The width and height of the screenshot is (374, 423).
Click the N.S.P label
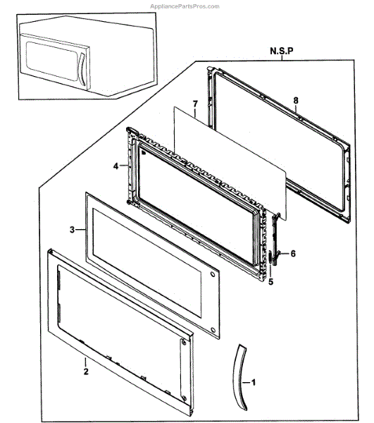click(282, 51)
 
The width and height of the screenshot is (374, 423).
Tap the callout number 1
click(253, 382)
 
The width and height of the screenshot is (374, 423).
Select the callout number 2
click(86, 372)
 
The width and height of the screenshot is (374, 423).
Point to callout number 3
click(72, 230)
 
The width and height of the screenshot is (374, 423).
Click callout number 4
click(116, 166)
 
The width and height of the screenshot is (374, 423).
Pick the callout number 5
click(270, 281)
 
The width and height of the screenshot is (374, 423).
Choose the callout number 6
click(293, 254)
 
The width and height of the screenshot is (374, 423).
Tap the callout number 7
click(195, 104)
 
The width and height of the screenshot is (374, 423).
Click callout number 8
click(296, 100)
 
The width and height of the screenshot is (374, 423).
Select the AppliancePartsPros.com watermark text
click(185, 6)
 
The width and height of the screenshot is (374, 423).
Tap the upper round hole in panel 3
click(213, 274)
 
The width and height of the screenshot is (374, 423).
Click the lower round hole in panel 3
click(213, 331)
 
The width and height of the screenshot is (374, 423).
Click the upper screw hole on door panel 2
click(184, 343)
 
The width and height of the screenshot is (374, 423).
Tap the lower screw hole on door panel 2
click(185, 398)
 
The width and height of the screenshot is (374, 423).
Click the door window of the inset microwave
click(51, 61)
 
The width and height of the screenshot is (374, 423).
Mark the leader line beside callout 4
click(124, 166)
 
